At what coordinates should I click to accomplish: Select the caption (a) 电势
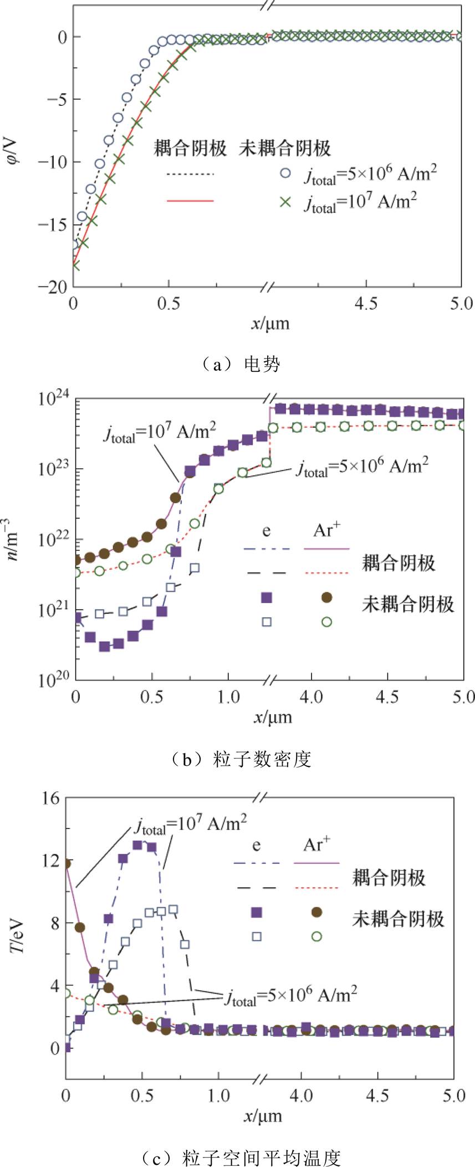[x=237, y=364]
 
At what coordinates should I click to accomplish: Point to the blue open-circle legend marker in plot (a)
[x=285, y=173]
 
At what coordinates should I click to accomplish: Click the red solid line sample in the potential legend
[x=190, y=201]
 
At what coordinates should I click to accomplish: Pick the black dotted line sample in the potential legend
[x=190, y=174]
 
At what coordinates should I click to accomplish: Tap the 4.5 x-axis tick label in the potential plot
[x=365, y=304]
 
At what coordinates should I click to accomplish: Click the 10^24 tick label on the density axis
[x=54, y=400]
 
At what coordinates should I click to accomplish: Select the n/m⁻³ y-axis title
[x=13, y=538]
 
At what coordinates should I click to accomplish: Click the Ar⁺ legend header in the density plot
[x=326, y=530]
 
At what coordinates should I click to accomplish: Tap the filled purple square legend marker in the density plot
[x=267, y=597]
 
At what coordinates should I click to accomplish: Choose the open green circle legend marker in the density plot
[x=326, y=622]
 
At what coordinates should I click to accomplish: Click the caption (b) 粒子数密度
[x=237, y=759]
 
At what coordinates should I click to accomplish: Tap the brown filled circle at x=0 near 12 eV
[x=67, y=863]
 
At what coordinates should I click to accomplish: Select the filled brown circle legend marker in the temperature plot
[x=316, y=912]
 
